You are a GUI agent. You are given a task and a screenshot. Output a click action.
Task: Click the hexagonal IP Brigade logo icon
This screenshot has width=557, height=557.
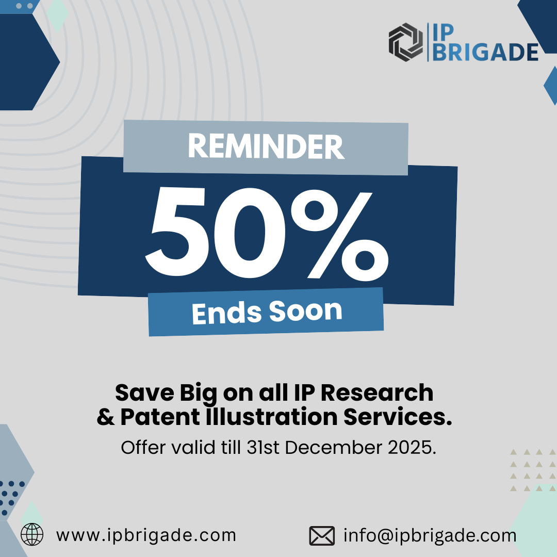(x=406, y=42)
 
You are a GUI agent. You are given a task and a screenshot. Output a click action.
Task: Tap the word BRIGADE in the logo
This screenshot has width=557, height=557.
(x=485, y=52)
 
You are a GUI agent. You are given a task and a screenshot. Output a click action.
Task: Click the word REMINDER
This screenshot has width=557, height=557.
(x=266, y=146)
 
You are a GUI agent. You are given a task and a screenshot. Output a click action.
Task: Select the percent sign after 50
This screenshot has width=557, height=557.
(x=340, y=235)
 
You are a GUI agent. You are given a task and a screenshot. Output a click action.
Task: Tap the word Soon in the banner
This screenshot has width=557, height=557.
(x=305, y=311)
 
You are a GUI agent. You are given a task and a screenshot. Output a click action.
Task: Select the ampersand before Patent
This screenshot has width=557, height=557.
(x=106, y=417)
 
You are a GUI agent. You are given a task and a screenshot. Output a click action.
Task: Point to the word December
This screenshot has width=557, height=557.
(x=333, y=447)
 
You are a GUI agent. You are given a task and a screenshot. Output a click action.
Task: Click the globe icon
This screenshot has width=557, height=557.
(x=32, y=534)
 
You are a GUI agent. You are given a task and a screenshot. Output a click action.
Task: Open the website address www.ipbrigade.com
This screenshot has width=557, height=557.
(x=146, y=535)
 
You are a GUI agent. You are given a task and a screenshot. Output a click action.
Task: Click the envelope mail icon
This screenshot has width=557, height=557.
(x=322, y=536)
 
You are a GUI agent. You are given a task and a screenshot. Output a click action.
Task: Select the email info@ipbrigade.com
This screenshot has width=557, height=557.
(x=430, y=535)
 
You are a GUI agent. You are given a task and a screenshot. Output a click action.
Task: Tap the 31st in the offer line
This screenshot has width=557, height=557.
(x=263, y=447)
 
